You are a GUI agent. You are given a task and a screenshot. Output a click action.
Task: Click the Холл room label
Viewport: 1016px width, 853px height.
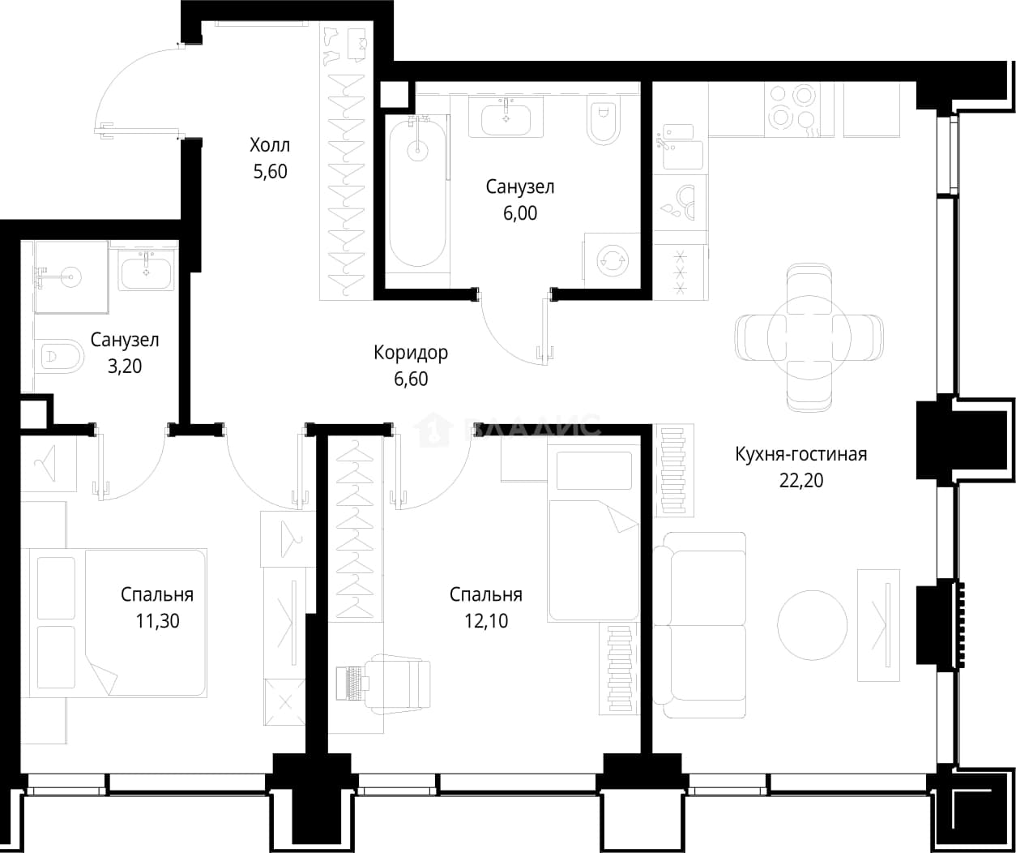click(x=270, y=145)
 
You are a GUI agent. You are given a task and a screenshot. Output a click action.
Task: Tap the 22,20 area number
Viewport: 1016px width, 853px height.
click(x=801, y=481)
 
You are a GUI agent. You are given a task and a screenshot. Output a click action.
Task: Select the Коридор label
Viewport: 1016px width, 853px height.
click(x=411, y=353)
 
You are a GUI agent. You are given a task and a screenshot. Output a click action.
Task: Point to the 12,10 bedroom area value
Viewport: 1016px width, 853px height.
click(x=486, y=621)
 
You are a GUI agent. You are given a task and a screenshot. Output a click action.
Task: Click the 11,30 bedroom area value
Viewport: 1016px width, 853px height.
click(x=157, y=621)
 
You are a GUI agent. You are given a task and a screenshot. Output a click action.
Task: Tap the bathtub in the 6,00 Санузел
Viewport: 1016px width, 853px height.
click(x=417, y=192)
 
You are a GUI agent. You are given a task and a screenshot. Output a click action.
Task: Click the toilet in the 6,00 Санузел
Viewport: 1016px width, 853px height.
click(x=604, y=119)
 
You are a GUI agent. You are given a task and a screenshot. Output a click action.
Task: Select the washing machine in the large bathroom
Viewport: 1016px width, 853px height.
click(x=613, y=260)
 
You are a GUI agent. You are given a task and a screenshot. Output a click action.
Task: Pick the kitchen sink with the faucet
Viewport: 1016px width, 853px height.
click(x=679, y=148)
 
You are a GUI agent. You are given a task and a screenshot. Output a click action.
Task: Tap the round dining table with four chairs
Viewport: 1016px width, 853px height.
click(x=809, y=337)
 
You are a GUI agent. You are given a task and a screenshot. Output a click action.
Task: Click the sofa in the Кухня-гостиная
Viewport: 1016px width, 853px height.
click(x=699, y=625)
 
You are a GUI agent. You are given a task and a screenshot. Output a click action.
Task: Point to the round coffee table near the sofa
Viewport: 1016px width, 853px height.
click(x=812, y=625)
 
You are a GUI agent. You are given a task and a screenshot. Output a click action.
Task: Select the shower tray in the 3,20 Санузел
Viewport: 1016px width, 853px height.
click(x=71, y=276)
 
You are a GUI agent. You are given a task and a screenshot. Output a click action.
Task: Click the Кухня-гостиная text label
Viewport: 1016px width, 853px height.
click(x=801, y=454)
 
